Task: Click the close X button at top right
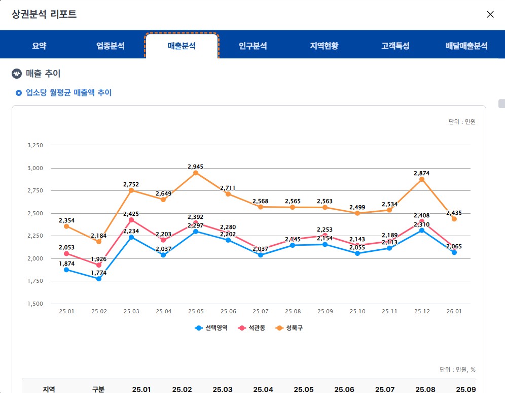click(490, 14)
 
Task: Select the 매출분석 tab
click(182, 46)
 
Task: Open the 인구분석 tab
click(252, 46)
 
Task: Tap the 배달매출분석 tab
click(466, 46)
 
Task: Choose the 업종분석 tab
click(111, 46)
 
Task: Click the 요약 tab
click(39, 46)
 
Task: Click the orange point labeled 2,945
click(196, 173)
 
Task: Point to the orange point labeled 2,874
click(422, 179)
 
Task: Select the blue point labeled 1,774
click(99, 279)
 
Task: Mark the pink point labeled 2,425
click(131, 220)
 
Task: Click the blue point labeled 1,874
click(66, 270)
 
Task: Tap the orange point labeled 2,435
click(454, 219)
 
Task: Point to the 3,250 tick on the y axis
click(35, 145)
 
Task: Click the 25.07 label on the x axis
click(260, 311)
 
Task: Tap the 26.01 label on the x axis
click(454, 311)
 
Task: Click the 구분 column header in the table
click(98, 389)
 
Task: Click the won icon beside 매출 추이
click(17, 74)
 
